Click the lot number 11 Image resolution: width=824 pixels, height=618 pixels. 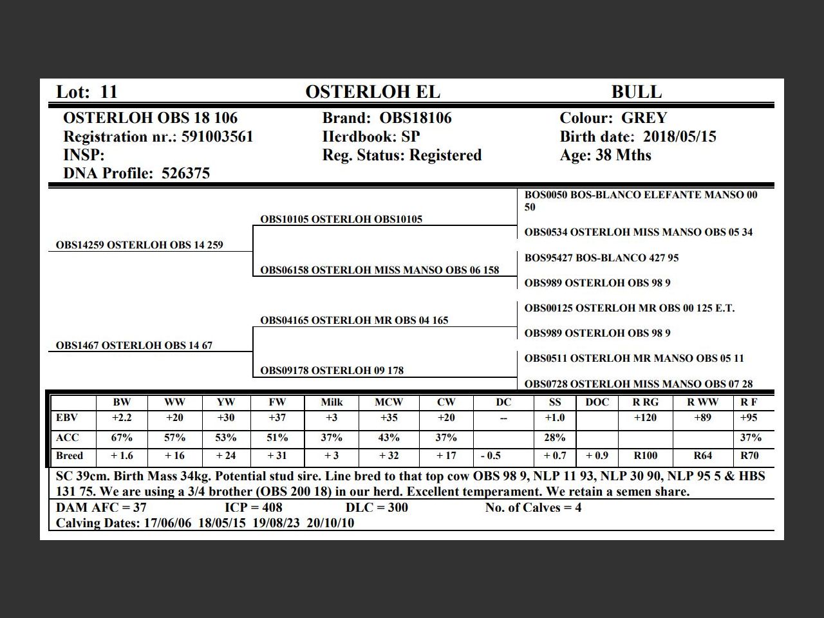(x=109, y=92)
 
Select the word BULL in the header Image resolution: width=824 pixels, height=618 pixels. (x=636, y=92)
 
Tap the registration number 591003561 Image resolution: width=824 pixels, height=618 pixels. (x=218, y=136)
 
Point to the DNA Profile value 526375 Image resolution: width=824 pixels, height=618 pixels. (x=185, y=173)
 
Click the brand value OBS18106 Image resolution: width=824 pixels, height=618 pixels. (x=415, y=118)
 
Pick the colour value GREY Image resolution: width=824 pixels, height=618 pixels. (x=644, y=118)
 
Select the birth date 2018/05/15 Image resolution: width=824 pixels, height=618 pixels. (x=679, y=136)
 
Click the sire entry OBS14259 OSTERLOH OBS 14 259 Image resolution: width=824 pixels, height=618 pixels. (x=140, y=245)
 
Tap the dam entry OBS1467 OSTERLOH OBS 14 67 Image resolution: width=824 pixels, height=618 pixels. (x=134, y=346)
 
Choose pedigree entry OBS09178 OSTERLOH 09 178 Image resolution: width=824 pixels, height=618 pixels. (x=332, y=370)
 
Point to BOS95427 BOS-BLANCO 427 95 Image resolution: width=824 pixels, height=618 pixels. (x=601, y=257)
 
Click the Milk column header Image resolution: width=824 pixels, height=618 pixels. (x=332, y=402)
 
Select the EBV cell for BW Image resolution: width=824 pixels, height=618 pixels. (x=122, y=417)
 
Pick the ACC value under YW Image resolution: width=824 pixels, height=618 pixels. (x=225, y=437)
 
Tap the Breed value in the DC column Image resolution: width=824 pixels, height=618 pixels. (x=491, y=456)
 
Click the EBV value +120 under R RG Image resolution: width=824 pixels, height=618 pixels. (x=645, y=417)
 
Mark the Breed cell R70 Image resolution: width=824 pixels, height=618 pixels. (x=749, y=456)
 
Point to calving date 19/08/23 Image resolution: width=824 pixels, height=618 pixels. (x=276, y=523)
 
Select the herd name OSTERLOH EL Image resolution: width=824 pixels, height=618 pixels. (x=373, y=92)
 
